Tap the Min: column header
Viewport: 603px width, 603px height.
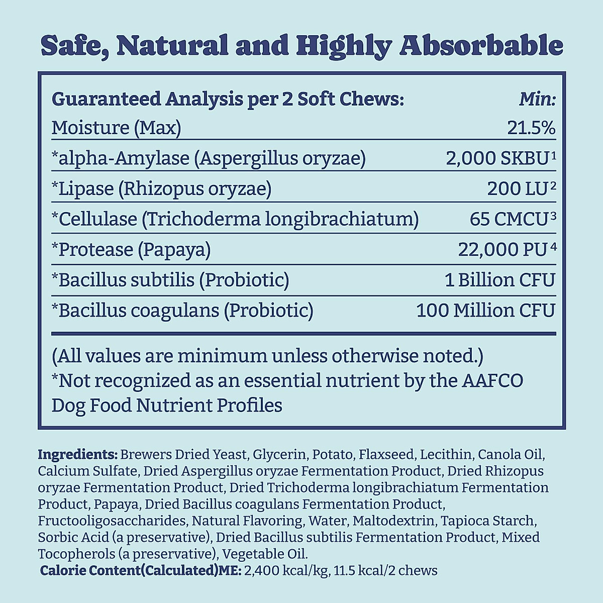[537, 99]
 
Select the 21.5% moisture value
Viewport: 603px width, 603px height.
[531, 128]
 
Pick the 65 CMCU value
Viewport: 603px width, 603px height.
[508, 219]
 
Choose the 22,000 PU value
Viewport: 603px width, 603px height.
[502, 250]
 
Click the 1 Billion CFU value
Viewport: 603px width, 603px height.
[500, 280]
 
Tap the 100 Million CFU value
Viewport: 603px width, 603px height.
[485, 311]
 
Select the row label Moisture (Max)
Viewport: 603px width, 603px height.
[116, 128]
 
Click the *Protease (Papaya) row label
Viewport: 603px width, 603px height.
[131, 250]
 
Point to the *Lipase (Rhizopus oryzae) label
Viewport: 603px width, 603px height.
[161, 189]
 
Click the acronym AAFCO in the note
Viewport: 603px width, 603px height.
[492, 381]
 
